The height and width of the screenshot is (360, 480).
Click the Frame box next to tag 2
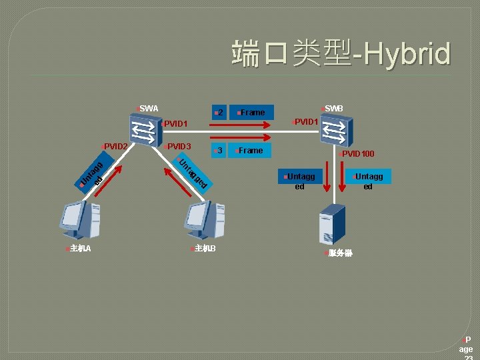252,113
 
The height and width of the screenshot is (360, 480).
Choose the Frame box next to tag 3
251,151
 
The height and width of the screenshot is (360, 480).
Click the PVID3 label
178,146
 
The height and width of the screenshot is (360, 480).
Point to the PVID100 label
358,154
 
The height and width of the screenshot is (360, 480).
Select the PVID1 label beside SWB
305,121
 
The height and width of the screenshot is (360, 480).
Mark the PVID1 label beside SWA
176,123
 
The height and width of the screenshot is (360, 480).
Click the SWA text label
148,108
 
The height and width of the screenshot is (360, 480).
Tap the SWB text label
333,108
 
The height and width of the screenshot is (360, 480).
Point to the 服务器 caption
339,253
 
